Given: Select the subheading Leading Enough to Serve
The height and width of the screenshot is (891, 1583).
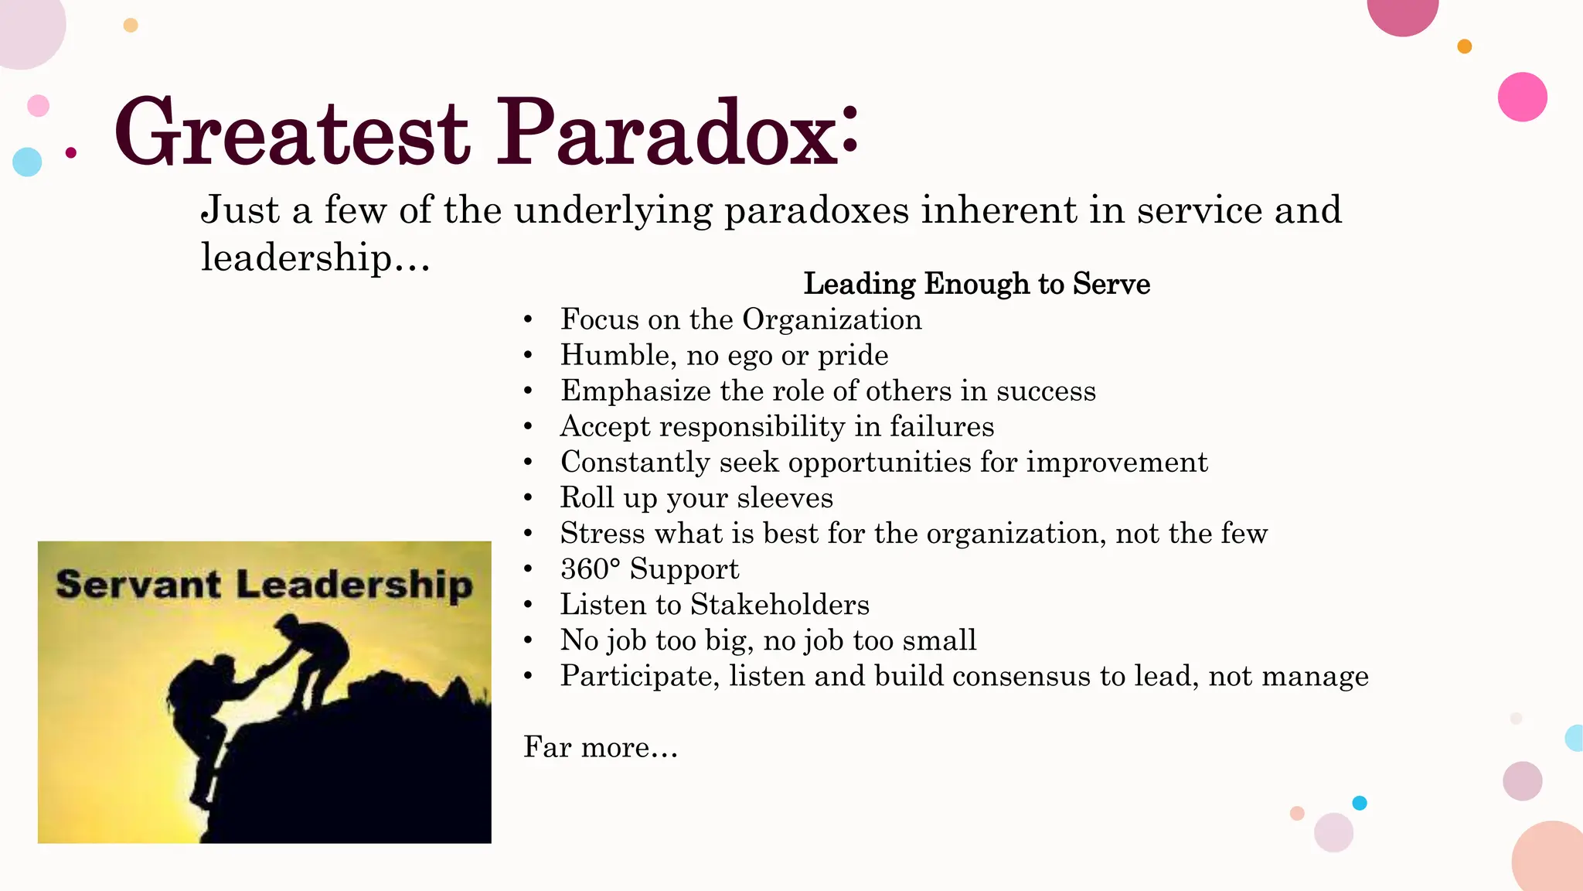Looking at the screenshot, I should point(976,284).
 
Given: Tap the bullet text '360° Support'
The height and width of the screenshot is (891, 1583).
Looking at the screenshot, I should point(649,569).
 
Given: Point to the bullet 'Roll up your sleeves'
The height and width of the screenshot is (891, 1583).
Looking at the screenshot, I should point(696,498).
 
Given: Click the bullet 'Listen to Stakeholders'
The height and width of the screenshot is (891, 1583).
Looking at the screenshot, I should point(714,605).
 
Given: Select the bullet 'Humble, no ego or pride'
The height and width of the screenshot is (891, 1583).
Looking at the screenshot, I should point(724,356).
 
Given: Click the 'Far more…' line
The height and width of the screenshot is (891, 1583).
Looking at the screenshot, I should point(600,748).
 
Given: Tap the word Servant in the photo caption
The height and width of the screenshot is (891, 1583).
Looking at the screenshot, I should point(138,584).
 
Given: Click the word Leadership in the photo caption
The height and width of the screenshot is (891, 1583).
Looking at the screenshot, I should point(354,585).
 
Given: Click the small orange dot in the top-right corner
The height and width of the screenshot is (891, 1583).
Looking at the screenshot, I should point(1464,46).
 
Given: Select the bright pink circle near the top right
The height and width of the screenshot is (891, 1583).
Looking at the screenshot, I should point(1522,97).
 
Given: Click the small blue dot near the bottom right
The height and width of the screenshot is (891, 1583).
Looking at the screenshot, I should point(1360,803).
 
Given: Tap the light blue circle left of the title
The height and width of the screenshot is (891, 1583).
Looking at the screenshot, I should point(27,162).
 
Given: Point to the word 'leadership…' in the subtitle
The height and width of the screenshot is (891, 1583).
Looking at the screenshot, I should point(315,258).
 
